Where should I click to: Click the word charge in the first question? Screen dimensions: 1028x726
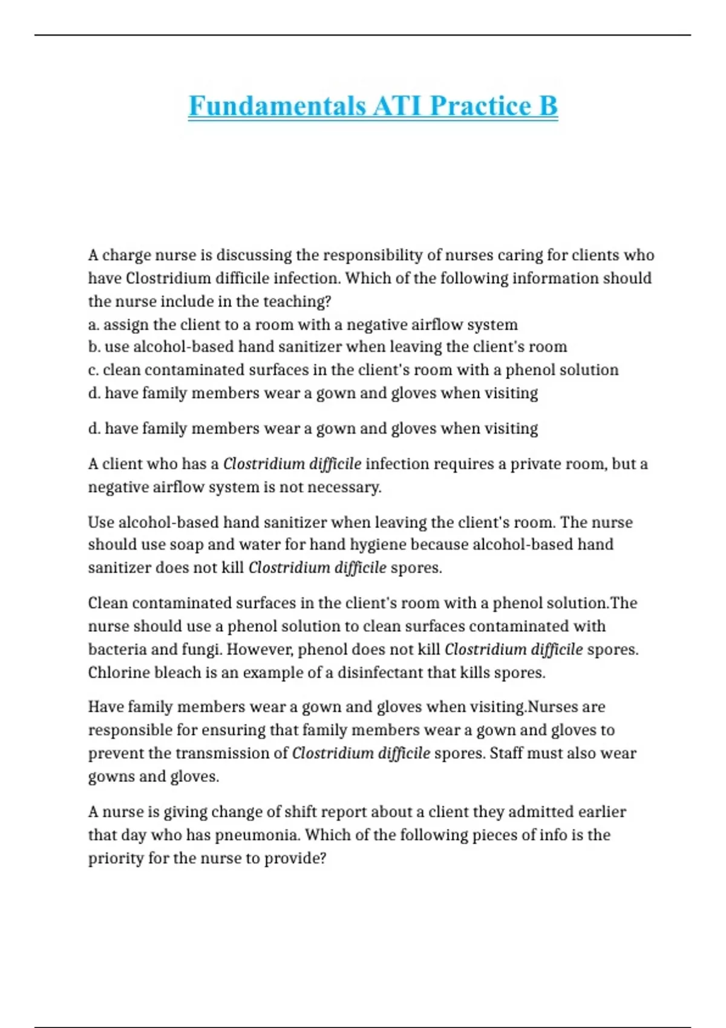(x=126, y=255)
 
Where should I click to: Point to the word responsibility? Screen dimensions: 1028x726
(x=373, y=255)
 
